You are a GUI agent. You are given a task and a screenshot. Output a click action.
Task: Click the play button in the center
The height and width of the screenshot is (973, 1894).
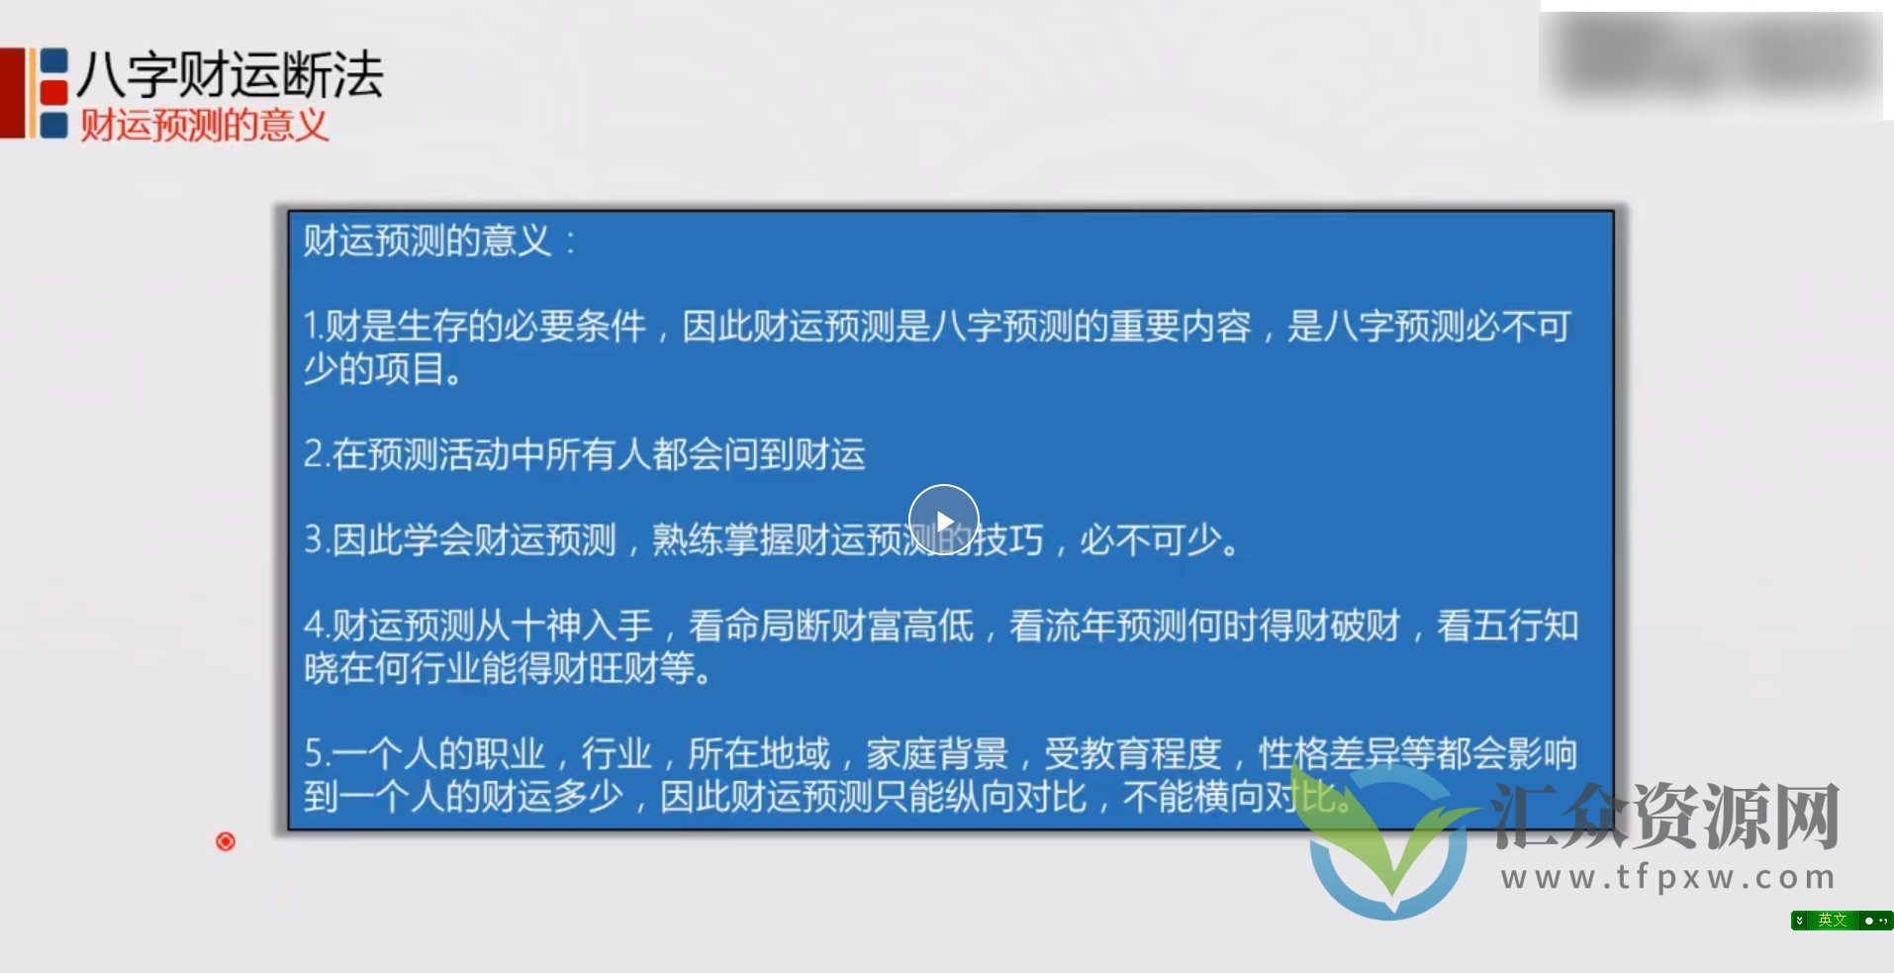943,520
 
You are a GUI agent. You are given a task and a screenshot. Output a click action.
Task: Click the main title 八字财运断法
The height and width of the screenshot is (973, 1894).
230,74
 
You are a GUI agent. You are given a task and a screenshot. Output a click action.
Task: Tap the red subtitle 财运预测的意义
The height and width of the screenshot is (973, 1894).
204,126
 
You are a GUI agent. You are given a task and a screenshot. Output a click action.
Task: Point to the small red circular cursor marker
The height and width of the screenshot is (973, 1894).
226,841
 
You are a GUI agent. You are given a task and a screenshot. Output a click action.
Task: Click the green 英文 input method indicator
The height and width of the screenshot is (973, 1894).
1832,921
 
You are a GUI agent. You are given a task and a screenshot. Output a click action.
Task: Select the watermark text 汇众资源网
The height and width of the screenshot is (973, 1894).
1664,817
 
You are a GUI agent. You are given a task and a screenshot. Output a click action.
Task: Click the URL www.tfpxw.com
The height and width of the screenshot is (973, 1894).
1667,878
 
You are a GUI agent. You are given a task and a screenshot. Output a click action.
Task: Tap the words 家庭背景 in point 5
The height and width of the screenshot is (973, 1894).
936,754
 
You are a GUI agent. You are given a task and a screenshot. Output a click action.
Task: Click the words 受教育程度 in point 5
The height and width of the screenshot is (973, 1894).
1133,754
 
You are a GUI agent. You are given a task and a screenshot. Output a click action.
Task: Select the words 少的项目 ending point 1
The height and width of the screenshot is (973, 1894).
373,370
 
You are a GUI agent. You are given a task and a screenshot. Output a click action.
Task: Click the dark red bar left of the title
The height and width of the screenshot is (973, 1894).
12,92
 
